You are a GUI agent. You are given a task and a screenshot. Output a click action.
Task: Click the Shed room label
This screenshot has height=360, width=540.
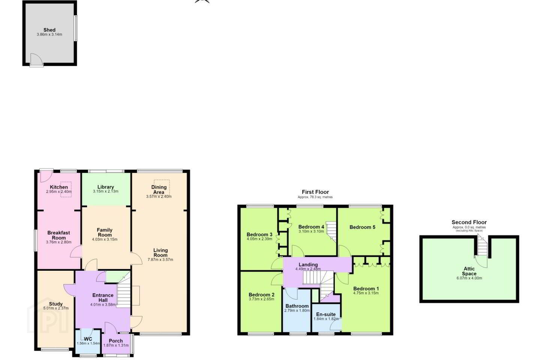click(49, 30)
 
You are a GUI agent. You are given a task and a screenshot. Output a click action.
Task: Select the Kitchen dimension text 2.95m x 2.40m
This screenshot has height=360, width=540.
click(59, 192)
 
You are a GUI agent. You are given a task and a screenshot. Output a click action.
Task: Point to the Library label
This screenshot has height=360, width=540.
click(106, 187)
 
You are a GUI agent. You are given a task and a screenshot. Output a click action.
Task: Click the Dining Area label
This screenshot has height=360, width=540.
click(159, 189)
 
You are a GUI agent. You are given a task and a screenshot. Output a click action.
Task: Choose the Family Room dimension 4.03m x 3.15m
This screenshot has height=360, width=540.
click(105, 239)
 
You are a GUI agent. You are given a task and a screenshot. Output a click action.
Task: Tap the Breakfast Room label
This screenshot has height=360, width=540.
click(58, 235)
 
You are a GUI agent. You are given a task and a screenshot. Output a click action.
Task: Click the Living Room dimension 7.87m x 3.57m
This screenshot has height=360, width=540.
click(160, 260)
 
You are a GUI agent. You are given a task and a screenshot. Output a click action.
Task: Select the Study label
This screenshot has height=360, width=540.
click(55, 304)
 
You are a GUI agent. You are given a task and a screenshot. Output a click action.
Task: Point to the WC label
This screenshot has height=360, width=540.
click(88, 339)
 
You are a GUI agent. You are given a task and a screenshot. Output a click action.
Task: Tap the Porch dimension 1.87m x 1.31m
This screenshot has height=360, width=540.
click(116, 345)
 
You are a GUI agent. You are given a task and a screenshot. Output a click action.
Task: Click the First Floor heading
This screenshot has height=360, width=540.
click(315, 192)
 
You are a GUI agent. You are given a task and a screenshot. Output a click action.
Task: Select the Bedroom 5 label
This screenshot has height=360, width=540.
click(362, 227)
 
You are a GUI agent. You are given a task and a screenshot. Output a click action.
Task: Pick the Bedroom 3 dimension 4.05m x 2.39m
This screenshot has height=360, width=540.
click(259, 239)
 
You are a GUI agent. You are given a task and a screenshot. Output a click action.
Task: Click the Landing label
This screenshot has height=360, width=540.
click(308, 264)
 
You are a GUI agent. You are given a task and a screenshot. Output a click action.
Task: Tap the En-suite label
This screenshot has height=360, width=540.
click(326, 314)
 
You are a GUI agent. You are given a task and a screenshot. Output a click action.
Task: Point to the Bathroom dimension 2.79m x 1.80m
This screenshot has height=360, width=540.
click(297, 310)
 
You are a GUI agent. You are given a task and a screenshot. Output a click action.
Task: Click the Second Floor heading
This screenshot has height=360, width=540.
click(469, 222)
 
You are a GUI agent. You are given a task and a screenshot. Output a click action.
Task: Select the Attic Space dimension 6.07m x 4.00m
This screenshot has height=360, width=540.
click(469, 278)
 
